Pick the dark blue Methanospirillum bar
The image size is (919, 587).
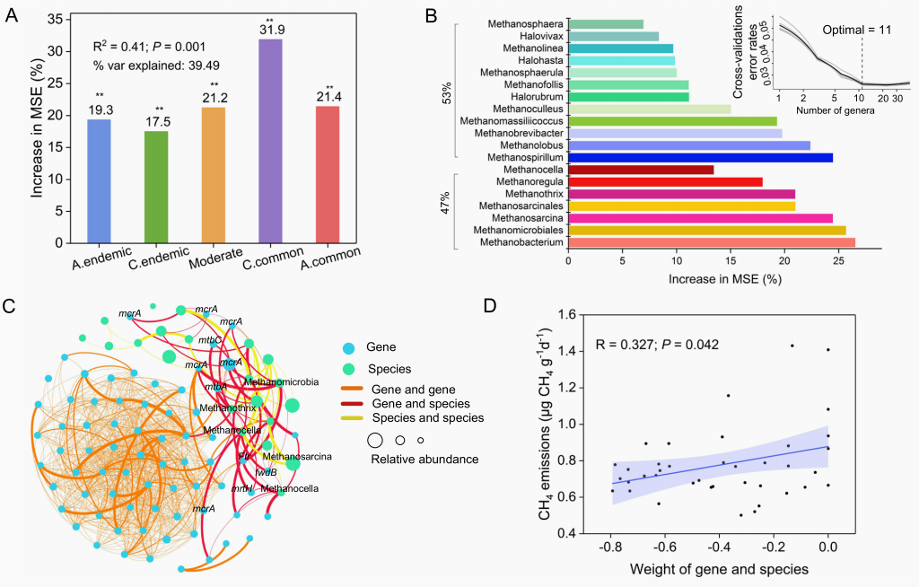pyautogui.click(x=700, y=157)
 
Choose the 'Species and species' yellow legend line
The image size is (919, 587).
pyautogui.click(x=355, y=417)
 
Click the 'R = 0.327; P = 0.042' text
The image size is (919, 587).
pyautogui.click(x=658, y=344)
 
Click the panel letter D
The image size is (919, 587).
pyautogui.click(x=490, y=305)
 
